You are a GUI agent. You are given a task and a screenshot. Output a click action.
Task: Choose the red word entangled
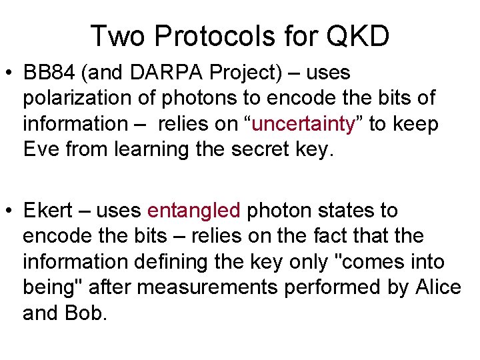193,211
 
